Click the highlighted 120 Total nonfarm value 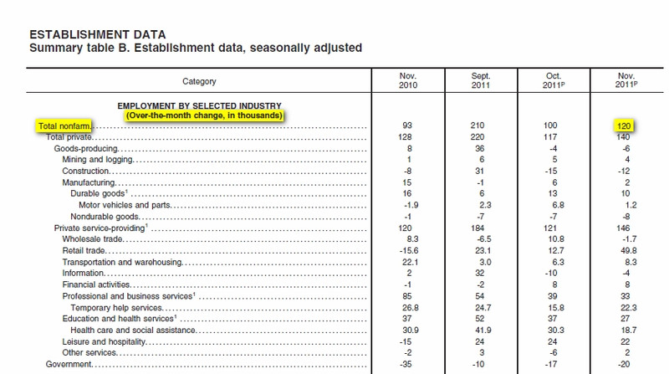[x=624, y=126]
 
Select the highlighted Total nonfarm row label [x=64, y=126]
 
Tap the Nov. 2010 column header [x=408, y=80]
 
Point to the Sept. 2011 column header [x=480, y=80]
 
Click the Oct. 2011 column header [x=554, y=80]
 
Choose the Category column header [x=199, y=81]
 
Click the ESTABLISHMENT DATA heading [x=98, y=34]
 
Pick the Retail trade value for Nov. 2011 [x=629, y=251]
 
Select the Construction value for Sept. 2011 [x=479, y=171]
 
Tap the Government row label [x=69, y=364]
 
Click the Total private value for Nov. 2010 [x=405, y=137]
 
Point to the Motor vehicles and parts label [x=125, y=205]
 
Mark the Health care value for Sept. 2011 [x=483, y=330]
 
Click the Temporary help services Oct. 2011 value [x=555, y=307]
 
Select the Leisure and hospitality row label [x=104, y=341]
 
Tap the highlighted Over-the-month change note [x=204, y=115]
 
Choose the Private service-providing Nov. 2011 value [x=623, y=228]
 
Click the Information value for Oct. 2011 [x=551, y=274]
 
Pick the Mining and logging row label [x=98, y=160]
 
